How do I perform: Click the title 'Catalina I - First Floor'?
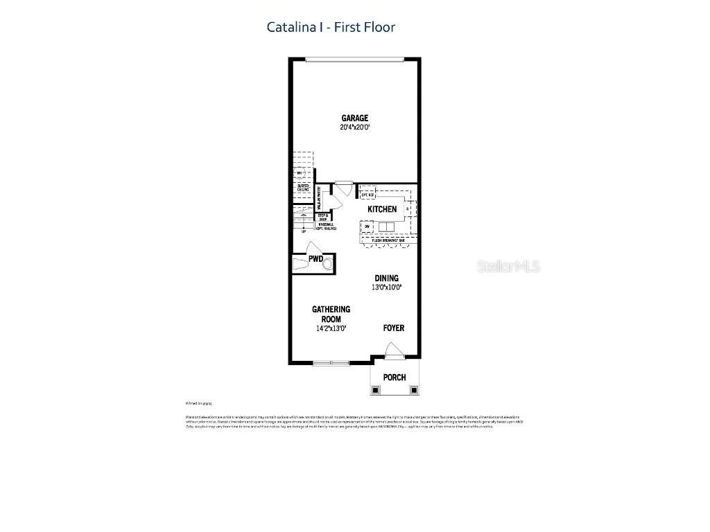coord(331,27)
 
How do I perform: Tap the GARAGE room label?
coord(354,118)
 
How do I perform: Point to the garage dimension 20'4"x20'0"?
coord(354,127)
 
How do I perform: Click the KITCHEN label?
coord(382,209)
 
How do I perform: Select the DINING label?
coord(387,278)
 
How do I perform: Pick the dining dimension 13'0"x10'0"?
coord(387,287)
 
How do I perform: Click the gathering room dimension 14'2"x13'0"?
coord(331,328)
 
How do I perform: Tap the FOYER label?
coord(394,328)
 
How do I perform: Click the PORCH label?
coord(395,378)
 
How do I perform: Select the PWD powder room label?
coord(316,259)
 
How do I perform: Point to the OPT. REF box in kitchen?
coord(367,195)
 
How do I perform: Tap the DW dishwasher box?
coord(367,226)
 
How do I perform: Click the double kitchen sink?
coord(386,227)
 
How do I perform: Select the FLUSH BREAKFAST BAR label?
coord(388,240)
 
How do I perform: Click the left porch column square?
coord(375,389)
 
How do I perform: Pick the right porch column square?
coord(414,389)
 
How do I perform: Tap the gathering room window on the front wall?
coord(331,362)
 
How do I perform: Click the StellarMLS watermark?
coord(508,267)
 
